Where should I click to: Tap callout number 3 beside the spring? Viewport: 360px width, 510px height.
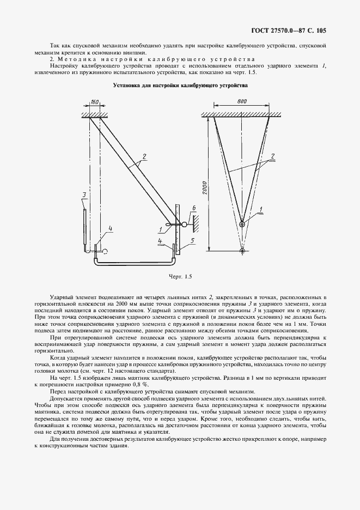coord(83,195)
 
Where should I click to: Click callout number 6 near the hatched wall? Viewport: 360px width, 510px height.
coord(193,209)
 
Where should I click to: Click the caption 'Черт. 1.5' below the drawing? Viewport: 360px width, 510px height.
coord(180,277)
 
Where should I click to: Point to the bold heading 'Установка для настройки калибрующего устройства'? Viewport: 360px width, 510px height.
coord(180,86)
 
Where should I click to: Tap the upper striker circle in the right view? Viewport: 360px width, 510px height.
coord(242,223)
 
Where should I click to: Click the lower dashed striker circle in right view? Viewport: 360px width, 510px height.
coord(242,251)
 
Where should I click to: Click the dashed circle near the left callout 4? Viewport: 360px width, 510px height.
coord(105,251)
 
